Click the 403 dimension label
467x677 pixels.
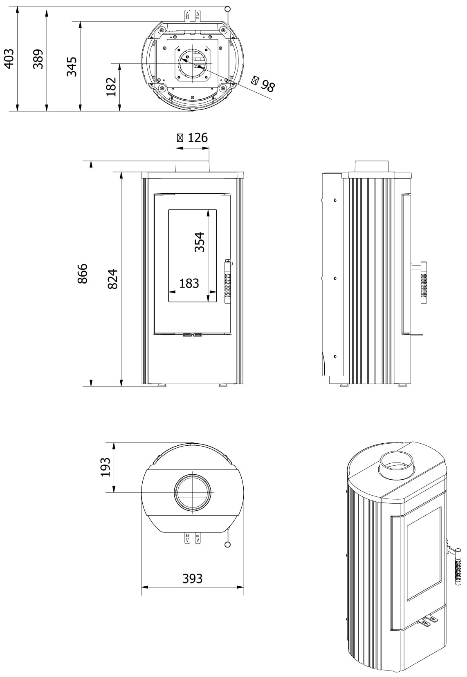coord(9,58)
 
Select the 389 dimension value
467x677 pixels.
coord(38,59)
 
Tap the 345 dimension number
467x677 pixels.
coord(72,66)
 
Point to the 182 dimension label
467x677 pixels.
coord(111,87)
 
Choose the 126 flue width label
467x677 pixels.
coord(193,138)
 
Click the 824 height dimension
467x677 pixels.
coord(112,279)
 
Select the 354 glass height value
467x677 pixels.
coord(199,242)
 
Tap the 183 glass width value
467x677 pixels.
coord(189,283)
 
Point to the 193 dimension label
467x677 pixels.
coord(105,467)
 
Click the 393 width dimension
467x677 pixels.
coord(192,579)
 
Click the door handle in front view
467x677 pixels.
coord(228,282)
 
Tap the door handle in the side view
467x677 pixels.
coord(424,282)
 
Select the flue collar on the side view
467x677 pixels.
coord(371,166)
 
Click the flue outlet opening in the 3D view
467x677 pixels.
coord(397,465)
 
